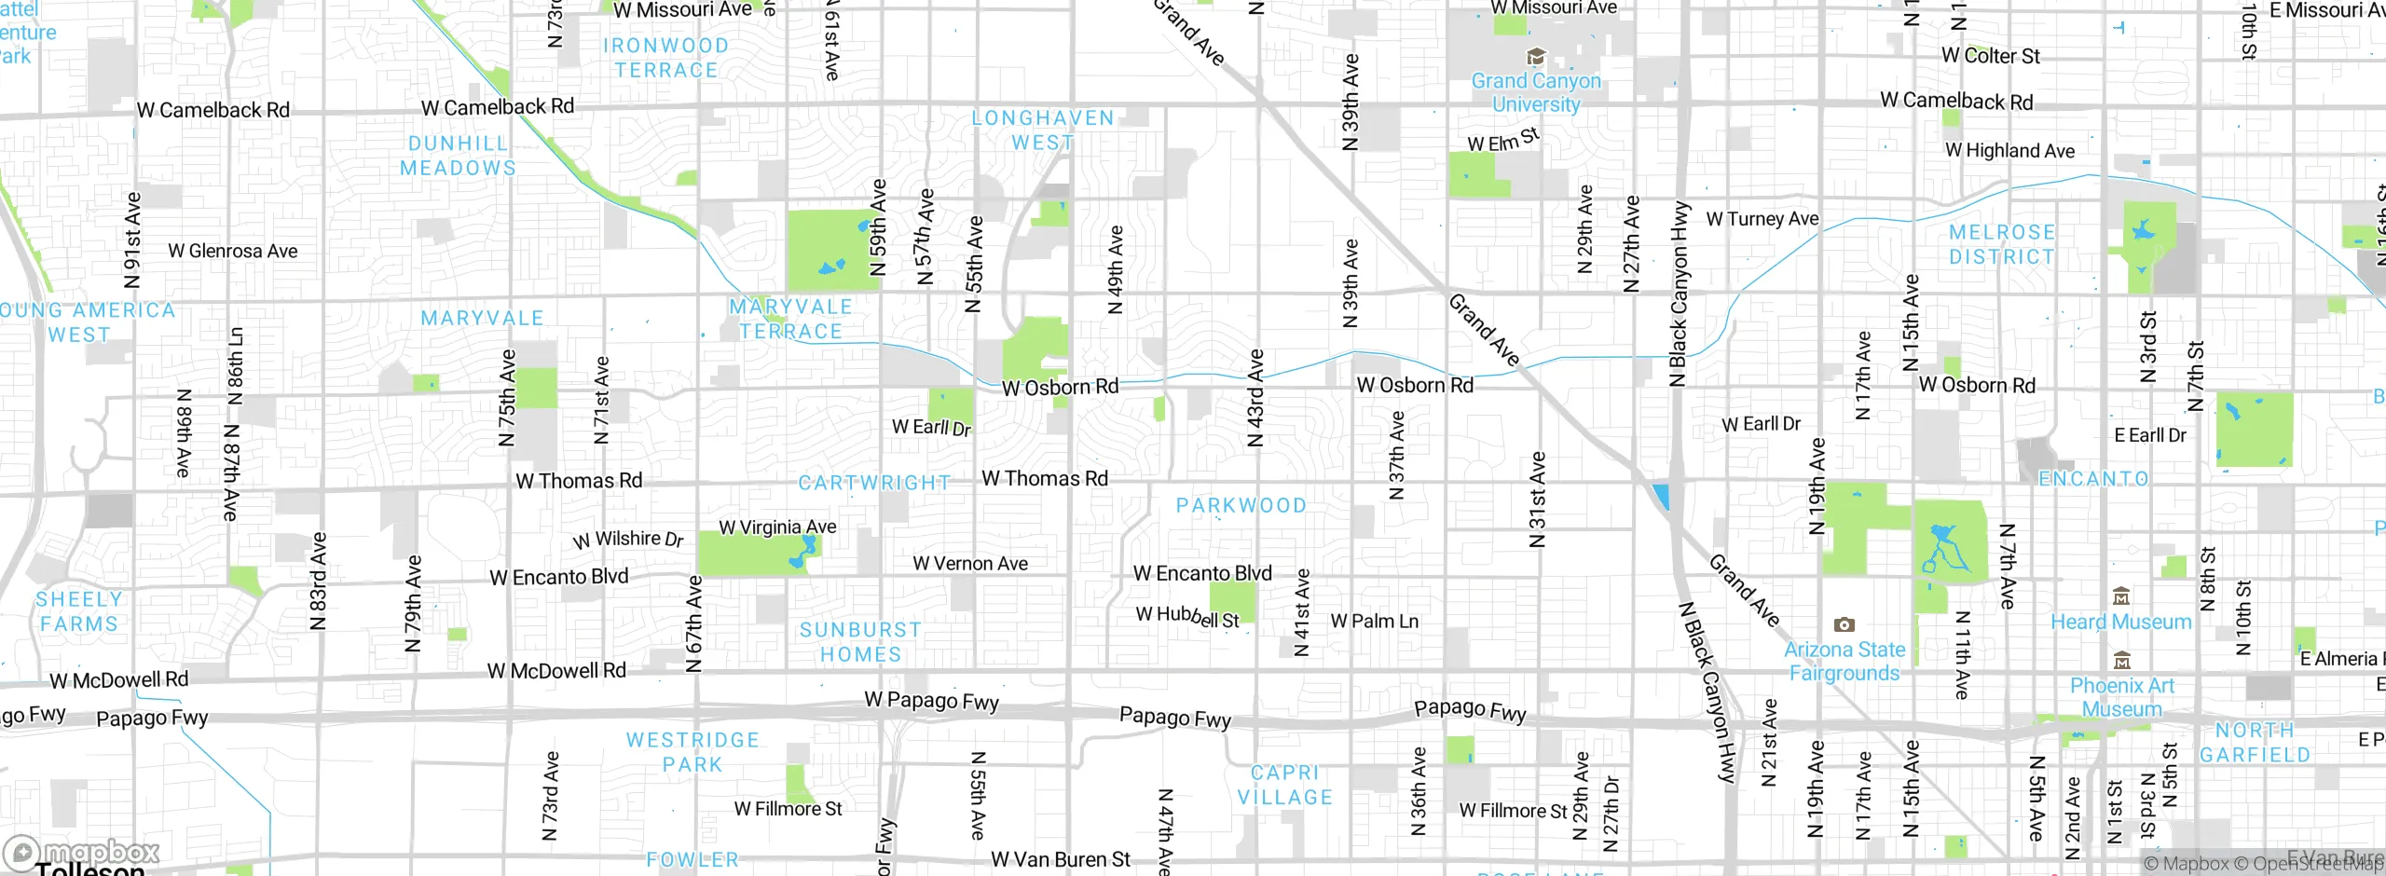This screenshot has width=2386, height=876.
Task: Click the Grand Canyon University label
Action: [1536, 92]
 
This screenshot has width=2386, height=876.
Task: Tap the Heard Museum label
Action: [2120, 622]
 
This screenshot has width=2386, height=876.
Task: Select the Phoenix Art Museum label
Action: [2121, 697]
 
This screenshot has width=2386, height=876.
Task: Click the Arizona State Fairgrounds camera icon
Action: [1844, 625]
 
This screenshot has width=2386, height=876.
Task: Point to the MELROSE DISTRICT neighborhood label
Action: [2001, 244]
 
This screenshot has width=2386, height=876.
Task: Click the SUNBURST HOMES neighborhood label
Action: [860, 642]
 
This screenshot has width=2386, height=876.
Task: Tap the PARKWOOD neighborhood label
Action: [1241, 505]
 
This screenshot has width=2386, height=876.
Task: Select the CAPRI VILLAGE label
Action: [1284, 785]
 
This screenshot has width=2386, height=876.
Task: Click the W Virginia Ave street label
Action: [777, 527]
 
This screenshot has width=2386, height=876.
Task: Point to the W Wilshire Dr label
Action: [628, 540]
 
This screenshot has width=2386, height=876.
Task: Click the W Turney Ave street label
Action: [1762, 219]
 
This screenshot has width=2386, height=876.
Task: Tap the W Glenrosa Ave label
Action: [233, 251]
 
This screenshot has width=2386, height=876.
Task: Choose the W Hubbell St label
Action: [1187, 617]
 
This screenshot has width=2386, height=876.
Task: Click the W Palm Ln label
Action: [1374, 622]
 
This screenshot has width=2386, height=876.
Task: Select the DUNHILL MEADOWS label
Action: [458, 156]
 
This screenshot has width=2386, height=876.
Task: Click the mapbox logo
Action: [82, 852]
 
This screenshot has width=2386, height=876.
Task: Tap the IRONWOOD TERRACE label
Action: [665, 58]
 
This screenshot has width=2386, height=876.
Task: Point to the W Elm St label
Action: [1502, 141]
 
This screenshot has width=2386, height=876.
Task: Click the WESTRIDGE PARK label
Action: [692, 752]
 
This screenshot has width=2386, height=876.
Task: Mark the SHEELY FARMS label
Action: [79, 611]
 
